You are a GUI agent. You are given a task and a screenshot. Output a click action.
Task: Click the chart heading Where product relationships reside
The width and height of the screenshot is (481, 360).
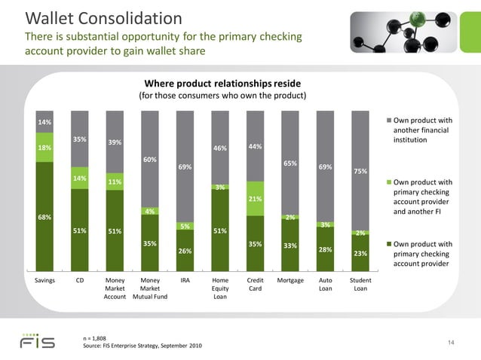tap(222, 82)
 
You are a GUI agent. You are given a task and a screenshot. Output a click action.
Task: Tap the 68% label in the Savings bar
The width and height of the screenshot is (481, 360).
tap(44, 218)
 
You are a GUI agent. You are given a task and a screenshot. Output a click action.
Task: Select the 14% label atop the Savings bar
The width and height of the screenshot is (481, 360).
tap(44, 122)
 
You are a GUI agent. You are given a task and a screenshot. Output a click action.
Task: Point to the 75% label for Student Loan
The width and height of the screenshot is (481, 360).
tap(360, 172)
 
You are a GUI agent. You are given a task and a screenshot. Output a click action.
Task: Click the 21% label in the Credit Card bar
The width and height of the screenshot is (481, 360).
tap(255, 199)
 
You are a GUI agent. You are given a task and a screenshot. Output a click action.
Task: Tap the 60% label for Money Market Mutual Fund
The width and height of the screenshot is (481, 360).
tap(150, 160)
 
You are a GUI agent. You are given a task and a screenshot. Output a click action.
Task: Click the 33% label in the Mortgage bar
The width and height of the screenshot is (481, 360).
tap(290, 246)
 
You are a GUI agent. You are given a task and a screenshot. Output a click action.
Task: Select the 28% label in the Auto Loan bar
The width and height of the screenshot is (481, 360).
tap(325, 249)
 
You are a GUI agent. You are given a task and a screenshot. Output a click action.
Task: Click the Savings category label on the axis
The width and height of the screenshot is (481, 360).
tap(44, 280)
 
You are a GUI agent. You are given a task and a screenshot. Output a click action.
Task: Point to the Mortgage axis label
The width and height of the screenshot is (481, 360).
tap(290, 280)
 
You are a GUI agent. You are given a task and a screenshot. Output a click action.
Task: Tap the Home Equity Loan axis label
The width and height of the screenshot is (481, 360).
tap(220, 288)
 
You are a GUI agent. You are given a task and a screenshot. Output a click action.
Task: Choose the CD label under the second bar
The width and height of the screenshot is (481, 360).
tap(80, 280)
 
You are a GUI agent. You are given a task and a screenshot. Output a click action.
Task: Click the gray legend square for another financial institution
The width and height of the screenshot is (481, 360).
tap(388, 121)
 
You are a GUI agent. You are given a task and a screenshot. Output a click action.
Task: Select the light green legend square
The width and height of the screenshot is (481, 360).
tap(388, 182)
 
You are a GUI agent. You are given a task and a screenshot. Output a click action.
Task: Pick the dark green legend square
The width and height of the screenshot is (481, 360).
tap(388, 244)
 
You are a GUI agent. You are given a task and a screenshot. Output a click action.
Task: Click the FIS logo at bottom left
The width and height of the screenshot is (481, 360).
tap(37, 341)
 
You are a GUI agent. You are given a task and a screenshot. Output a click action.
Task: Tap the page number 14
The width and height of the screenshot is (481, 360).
tap(451, 343)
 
